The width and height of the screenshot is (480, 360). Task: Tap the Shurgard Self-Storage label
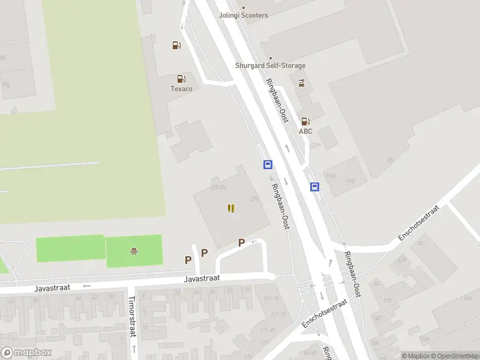(x=270, y=65)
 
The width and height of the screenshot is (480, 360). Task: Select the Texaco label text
(x=182, y=89)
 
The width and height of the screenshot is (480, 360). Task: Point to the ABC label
(x=305, y=131)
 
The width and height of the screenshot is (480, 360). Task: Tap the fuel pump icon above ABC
(x=305, y=121)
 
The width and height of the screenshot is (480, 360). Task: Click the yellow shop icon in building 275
(x=231, y=208)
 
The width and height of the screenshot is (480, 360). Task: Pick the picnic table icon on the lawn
(x=134, y=251)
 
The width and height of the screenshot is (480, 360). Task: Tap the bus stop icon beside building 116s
(x=314, y=187)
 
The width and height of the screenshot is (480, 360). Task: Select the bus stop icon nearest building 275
(x=268, y=164)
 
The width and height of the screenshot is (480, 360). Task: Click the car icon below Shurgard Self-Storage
(x=301, y=83)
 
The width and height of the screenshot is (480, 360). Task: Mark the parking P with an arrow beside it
(x=242, y=242)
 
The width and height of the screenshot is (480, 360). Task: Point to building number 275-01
(x=218, y=187)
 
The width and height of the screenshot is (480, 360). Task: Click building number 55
(x=390, y=160)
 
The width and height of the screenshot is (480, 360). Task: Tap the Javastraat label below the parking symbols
(x=202, y=278)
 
